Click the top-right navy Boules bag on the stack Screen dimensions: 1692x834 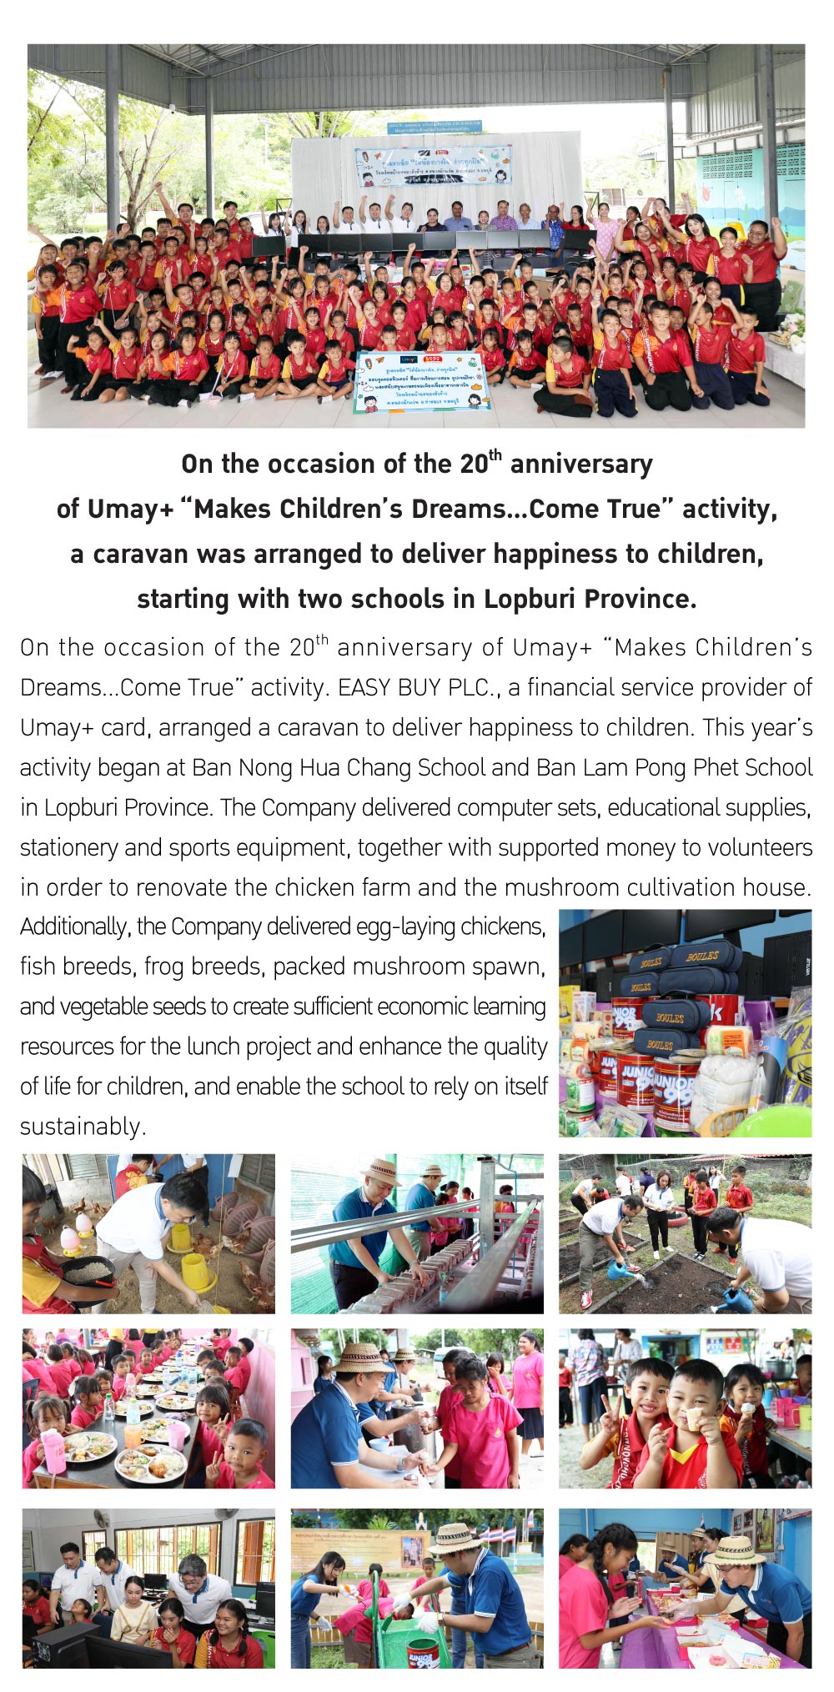tap(702, 956)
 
